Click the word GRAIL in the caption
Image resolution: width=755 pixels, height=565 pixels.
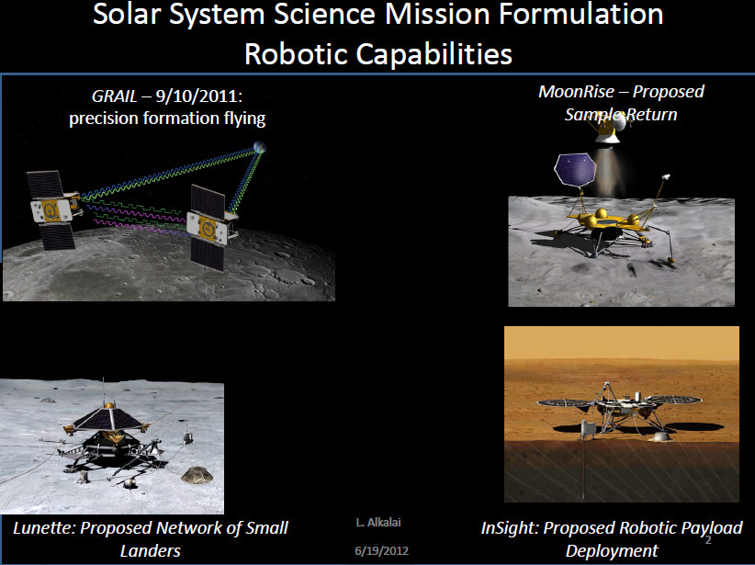[114, 96]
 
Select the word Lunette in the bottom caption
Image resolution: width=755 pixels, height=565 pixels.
[43, 528]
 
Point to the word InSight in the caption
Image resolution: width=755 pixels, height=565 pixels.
[509, 528]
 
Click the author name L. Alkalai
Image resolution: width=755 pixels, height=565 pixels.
[378, 523]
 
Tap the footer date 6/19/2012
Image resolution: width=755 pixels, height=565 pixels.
[381, 550]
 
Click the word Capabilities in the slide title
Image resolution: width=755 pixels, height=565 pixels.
[434, 54]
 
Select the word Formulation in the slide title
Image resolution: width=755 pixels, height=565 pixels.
[580, 14]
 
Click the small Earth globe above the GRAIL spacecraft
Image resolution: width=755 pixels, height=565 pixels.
[260, 147]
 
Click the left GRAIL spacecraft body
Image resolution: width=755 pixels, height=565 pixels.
[52, 211]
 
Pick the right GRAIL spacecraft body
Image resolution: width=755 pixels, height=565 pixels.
[208, 227]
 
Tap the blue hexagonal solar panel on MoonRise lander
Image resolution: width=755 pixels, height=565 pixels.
[574, 170]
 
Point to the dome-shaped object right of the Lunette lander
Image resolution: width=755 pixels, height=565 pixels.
[197, 474]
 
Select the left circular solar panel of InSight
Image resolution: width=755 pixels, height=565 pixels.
[564, 402]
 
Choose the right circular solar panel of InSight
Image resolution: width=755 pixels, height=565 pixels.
[674, 400]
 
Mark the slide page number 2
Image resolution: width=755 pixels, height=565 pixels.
[708, 540]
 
